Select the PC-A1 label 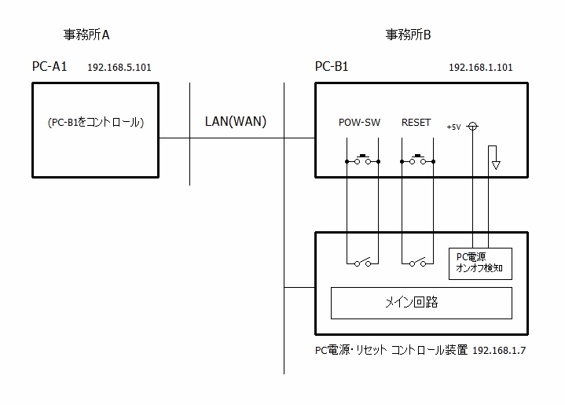pyautogui.click(x=50, y=67)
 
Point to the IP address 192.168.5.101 pyautogui.click(x=119, y=68)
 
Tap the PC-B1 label pyautogui.click(x=331, y=67)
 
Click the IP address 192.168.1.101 pyautogui.click(x=480, y=68)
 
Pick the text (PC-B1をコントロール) pyautogui.click(x=95, y=123)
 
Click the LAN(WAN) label pyautogui.click(x=235, y=121)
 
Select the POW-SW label pyautogui.click(x=359, y=123)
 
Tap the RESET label pyautogui.click(x=416, y=123)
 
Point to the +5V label pyautogui.click(x=453, y=127)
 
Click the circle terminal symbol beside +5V pyautogui.click(x=472, y=126)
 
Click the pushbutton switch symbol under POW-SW pyautogui.click(x=362, y=160)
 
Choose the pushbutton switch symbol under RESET pyautogui.click(x=417, y=160)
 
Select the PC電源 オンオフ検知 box pyautogui.click(x=479, y=263)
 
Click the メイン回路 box pyautogui.click(x=420, y=302)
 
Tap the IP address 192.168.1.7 pyautogui.click(x=500, y=351)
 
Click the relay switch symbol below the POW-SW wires pyautogui.click(x=362, y=263)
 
